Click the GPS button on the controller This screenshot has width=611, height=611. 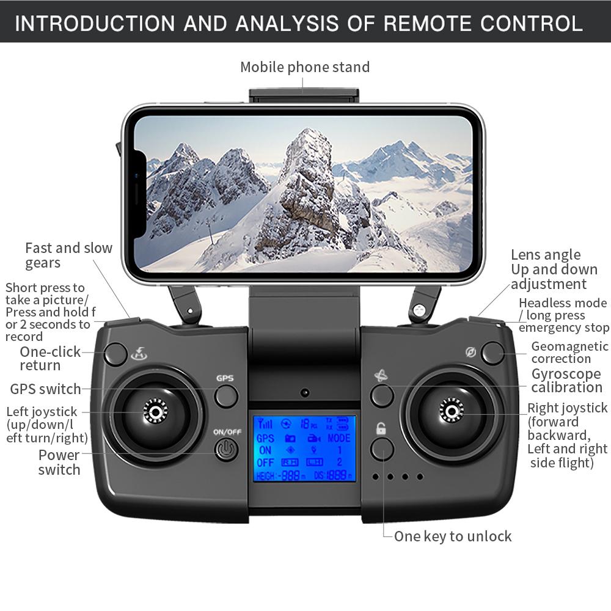226,397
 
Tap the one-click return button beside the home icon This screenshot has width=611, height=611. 115,354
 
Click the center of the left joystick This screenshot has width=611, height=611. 155,411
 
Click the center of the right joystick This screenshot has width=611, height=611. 452,411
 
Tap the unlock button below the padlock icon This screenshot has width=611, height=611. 382,449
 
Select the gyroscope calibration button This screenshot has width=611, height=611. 382,395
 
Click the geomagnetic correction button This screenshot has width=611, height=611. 493,353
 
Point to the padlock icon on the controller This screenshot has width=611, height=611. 381,428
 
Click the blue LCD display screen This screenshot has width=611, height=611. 305,448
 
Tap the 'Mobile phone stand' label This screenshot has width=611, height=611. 305,67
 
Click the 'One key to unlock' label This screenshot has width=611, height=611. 453,536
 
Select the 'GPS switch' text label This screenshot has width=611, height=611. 45,389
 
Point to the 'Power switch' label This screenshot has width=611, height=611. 59,462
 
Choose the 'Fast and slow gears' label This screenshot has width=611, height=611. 68,255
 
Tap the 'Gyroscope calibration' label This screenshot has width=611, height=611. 566,380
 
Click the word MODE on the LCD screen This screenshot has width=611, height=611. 338,438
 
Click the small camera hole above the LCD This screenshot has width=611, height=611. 305,392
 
